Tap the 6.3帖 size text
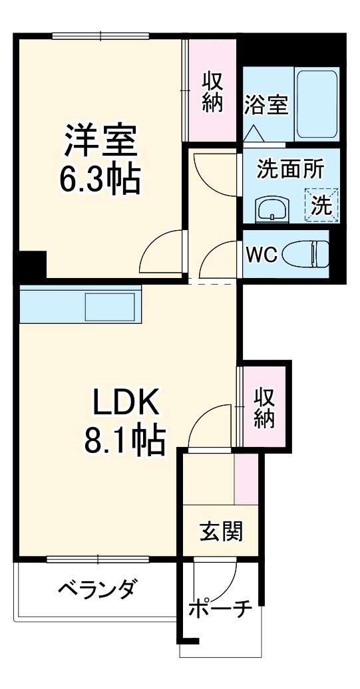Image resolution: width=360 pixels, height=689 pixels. (100, 178)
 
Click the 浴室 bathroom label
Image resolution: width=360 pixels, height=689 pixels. (266, 106)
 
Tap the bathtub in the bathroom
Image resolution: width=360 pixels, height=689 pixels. (317, 102)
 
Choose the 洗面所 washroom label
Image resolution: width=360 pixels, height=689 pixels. (291, 169)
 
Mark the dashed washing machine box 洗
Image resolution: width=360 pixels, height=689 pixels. (321, 205)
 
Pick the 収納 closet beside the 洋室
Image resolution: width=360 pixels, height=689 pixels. (212, 93)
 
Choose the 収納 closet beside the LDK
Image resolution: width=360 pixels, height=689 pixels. (264, 406)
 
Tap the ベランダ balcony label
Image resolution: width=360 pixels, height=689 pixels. (97, 589)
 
